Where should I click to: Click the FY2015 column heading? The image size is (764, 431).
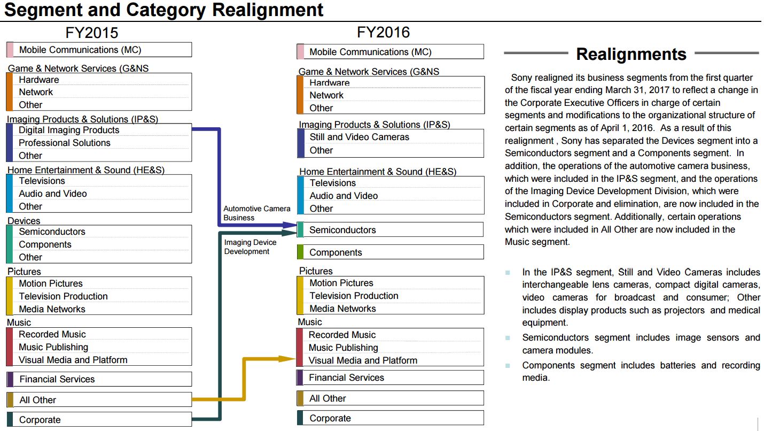point(91,33)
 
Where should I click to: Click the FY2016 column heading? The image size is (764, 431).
point(383,32)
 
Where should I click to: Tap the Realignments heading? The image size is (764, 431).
point(631,54)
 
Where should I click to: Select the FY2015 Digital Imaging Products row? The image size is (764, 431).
point(69,130)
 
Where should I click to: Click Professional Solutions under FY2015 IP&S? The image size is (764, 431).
point(65,143)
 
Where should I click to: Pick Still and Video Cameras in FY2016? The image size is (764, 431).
point(359,137)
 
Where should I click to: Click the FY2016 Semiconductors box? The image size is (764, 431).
point(390,230)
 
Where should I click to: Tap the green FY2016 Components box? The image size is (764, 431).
point(390,252)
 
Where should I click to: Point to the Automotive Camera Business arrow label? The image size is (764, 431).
point(257,213)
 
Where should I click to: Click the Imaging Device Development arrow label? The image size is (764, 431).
point(250,247)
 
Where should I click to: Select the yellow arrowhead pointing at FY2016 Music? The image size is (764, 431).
point(287,358)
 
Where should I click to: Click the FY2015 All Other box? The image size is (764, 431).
point(99,399)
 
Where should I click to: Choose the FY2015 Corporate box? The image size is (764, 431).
point(99,420)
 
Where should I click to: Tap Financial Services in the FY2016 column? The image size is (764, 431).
point(346,378)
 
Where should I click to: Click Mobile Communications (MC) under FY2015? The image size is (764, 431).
point(80,50)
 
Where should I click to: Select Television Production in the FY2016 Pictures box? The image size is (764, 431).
point(354,296)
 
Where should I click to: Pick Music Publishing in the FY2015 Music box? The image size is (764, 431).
point(53,347)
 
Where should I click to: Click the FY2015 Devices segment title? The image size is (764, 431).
point(24,221)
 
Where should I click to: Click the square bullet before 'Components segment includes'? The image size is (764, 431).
point(508,366)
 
